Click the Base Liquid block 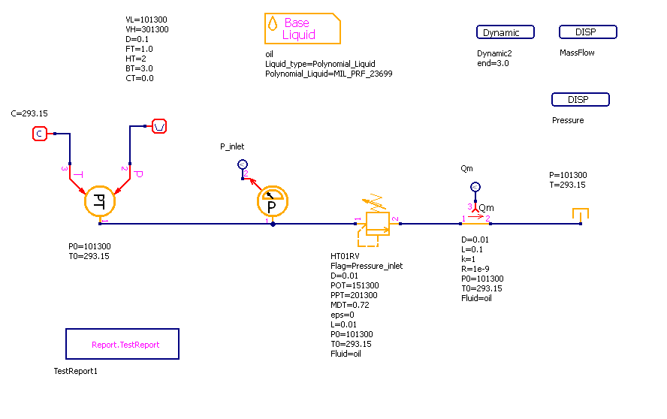(x=303, y=29)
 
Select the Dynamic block (x=506, y=32)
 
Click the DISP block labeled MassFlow (x=588, y=32)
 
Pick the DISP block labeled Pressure (x=581, y=100)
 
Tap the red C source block (x=39, y=134)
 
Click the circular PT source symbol (x=98, y=200)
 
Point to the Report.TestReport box (x=122, y=344)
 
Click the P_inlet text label (x=232, y=146)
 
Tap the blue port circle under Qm (x=474, y=187)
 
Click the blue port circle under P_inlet (x=242, y=164)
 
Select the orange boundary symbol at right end (x=580, y=216)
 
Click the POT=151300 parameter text (x=355, y=285)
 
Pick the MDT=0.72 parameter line (x=351, y=305)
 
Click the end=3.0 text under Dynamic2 (x=493, y=63)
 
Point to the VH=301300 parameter (x=147, y=29)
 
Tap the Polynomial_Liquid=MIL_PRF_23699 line (x=328, y=74)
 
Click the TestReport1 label (x=76, y=371)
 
